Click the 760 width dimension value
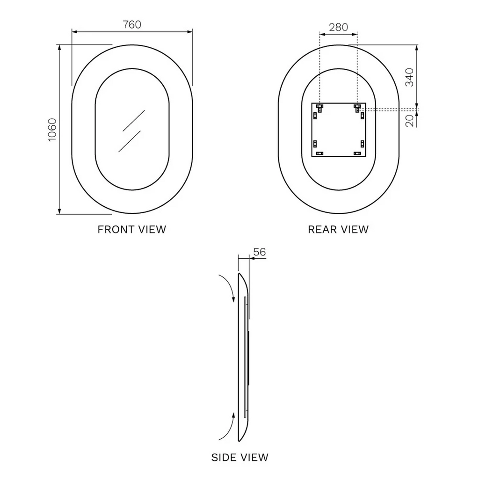point(132,24)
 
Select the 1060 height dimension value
point(52,130)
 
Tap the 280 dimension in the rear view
point(339,27)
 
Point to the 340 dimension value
point(409,77)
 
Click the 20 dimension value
point(409,121)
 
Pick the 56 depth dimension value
point(260,252)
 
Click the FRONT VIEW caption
point(131,229)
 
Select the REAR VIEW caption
point(338,229)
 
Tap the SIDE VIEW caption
point(240,457)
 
